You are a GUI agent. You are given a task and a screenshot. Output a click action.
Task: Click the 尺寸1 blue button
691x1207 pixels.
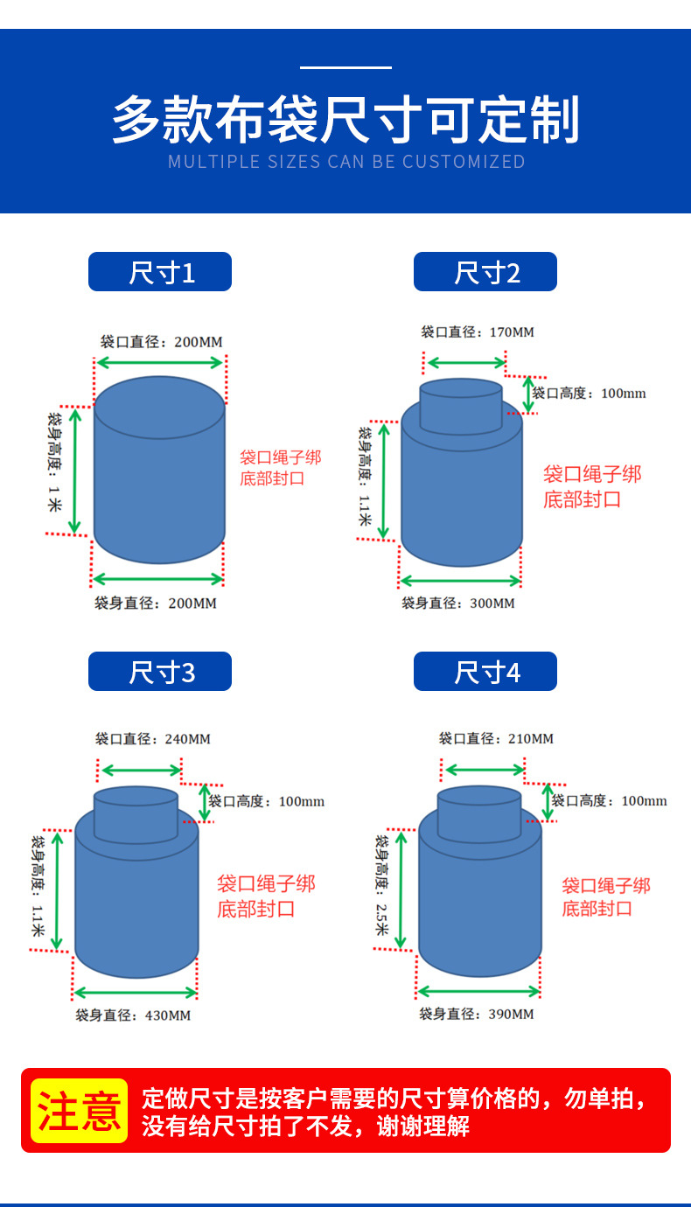pyautogui.click(x=160, y=271)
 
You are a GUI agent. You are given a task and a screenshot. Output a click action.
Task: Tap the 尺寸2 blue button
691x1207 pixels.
pyautogui.click(x=485, y=271)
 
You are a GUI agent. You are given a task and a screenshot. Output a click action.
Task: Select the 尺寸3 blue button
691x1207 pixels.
pyautogui.click(x=160, y=672)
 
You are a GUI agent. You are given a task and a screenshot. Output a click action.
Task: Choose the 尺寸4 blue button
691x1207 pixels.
pyautogui.click(x=485, y=672)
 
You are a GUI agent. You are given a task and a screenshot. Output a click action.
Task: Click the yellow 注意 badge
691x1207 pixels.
pyautogui.click(x=80, y=1111)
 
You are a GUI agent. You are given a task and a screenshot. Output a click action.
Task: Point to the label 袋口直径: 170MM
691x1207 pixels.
pyautogui.click(x=478, y=332)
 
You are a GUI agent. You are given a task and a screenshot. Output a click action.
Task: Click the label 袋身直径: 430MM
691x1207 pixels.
pyautogui.click(x=133, y=1015)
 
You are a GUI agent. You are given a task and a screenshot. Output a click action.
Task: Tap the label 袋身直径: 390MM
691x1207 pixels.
pyautogui.click(x=477, y=1014)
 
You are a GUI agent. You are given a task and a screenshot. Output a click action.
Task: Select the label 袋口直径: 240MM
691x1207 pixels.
pyautogui.click(x=153, y=739)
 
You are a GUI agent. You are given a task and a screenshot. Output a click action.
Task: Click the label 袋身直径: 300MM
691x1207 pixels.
pyautogui.click(x=458, y=603)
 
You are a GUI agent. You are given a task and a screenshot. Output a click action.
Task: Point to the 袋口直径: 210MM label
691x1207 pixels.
pyautogui.click(x=496, y=738)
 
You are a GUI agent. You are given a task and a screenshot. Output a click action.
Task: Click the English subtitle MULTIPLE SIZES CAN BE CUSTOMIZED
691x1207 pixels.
pyautogui.click(x=346, y=162)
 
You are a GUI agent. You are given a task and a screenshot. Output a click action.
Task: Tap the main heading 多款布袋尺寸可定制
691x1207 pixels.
pyautogui.click(x=345, y=119)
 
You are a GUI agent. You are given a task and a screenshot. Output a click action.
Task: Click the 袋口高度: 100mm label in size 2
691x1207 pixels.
pyautogui.click(x=590, y=394)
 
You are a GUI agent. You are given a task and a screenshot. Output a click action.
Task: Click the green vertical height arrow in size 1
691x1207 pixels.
pyautogui.click(x=75, y=471)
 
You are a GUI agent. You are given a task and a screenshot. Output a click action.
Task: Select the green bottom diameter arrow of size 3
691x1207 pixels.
pyautogui.click(x=136, y=993)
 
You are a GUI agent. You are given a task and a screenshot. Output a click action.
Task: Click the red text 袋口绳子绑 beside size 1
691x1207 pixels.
pyautogui.click(x=280, y=457)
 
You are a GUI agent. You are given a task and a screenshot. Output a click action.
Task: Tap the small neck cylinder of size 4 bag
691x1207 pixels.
pyautogui.click(x=479, y=814)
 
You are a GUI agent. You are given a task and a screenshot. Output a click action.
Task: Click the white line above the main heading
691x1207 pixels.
pyautogui.click(x=345, y=67)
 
